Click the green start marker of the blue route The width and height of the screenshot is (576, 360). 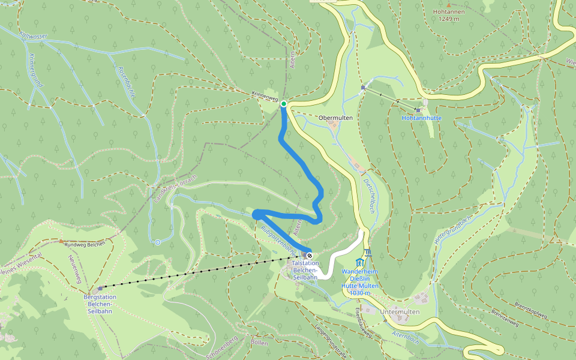284,104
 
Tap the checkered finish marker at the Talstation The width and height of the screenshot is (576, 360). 310,254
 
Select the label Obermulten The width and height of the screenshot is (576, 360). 335,118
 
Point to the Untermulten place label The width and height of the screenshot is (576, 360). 400,312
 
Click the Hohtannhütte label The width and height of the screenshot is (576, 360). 421,118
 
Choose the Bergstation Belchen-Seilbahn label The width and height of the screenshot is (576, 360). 100,304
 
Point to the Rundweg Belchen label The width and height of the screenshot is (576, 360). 85,244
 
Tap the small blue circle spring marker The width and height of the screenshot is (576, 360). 157,242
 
